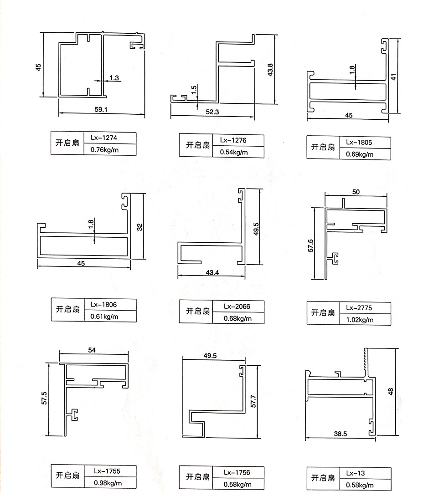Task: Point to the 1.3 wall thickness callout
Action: pyautogui.click(x=114, y=78)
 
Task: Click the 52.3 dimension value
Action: pyautogui.click(x=212, y=112)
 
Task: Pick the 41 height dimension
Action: pyautogui.click(x=393, y=76)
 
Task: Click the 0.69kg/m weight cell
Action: pyautogui.click(x=360, y=154)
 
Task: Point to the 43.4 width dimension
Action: pyautogui.click(x=212, y=273)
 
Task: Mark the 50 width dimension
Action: pyautogui.click(x=356, y=192)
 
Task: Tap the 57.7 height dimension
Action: pyautogui.click(x=253, y=401)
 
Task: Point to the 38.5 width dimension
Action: pyautogui.click(x=340, y=435)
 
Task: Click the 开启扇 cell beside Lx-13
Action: pyautogui.click(x=323, y=478)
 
